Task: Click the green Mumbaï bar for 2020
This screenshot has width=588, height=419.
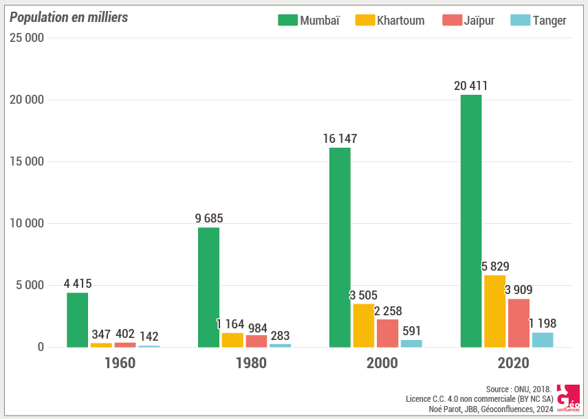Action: point(471,220)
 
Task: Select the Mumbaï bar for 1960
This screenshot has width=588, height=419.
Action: point(77,319)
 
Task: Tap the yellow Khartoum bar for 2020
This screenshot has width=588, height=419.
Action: point(494,311)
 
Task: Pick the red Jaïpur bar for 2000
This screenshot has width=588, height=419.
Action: point(387,333)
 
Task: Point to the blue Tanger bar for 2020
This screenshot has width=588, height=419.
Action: point(542,340)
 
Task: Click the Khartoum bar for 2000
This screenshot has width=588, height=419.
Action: point(364,326)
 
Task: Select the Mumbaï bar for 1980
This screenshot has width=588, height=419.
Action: point(208,287)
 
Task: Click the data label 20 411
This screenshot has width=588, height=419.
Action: point(471,86)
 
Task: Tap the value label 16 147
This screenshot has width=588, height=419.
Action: point(340,139)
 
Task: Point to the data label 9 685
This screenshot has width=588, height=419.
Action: point(209,218)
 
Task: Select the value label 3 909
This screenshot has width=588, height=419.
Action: point(519,290)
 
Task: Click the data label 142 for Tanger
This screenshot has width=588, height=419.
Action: point(149,337)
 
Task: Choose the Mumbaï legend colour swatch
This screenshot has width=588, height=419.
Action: point(287,20)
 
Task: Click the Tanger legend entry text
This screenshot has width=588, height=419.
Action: point(549,21)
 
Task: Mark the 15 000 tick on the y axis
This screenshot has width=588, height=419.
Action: point(27,162)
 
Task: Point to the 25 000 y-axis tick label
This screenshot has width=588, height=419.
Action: point(27,38)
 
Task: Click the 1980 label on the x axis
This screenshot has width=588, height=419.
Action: point(251,363)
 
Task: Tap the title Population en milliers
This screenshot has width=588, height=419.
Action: point(69,18)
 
